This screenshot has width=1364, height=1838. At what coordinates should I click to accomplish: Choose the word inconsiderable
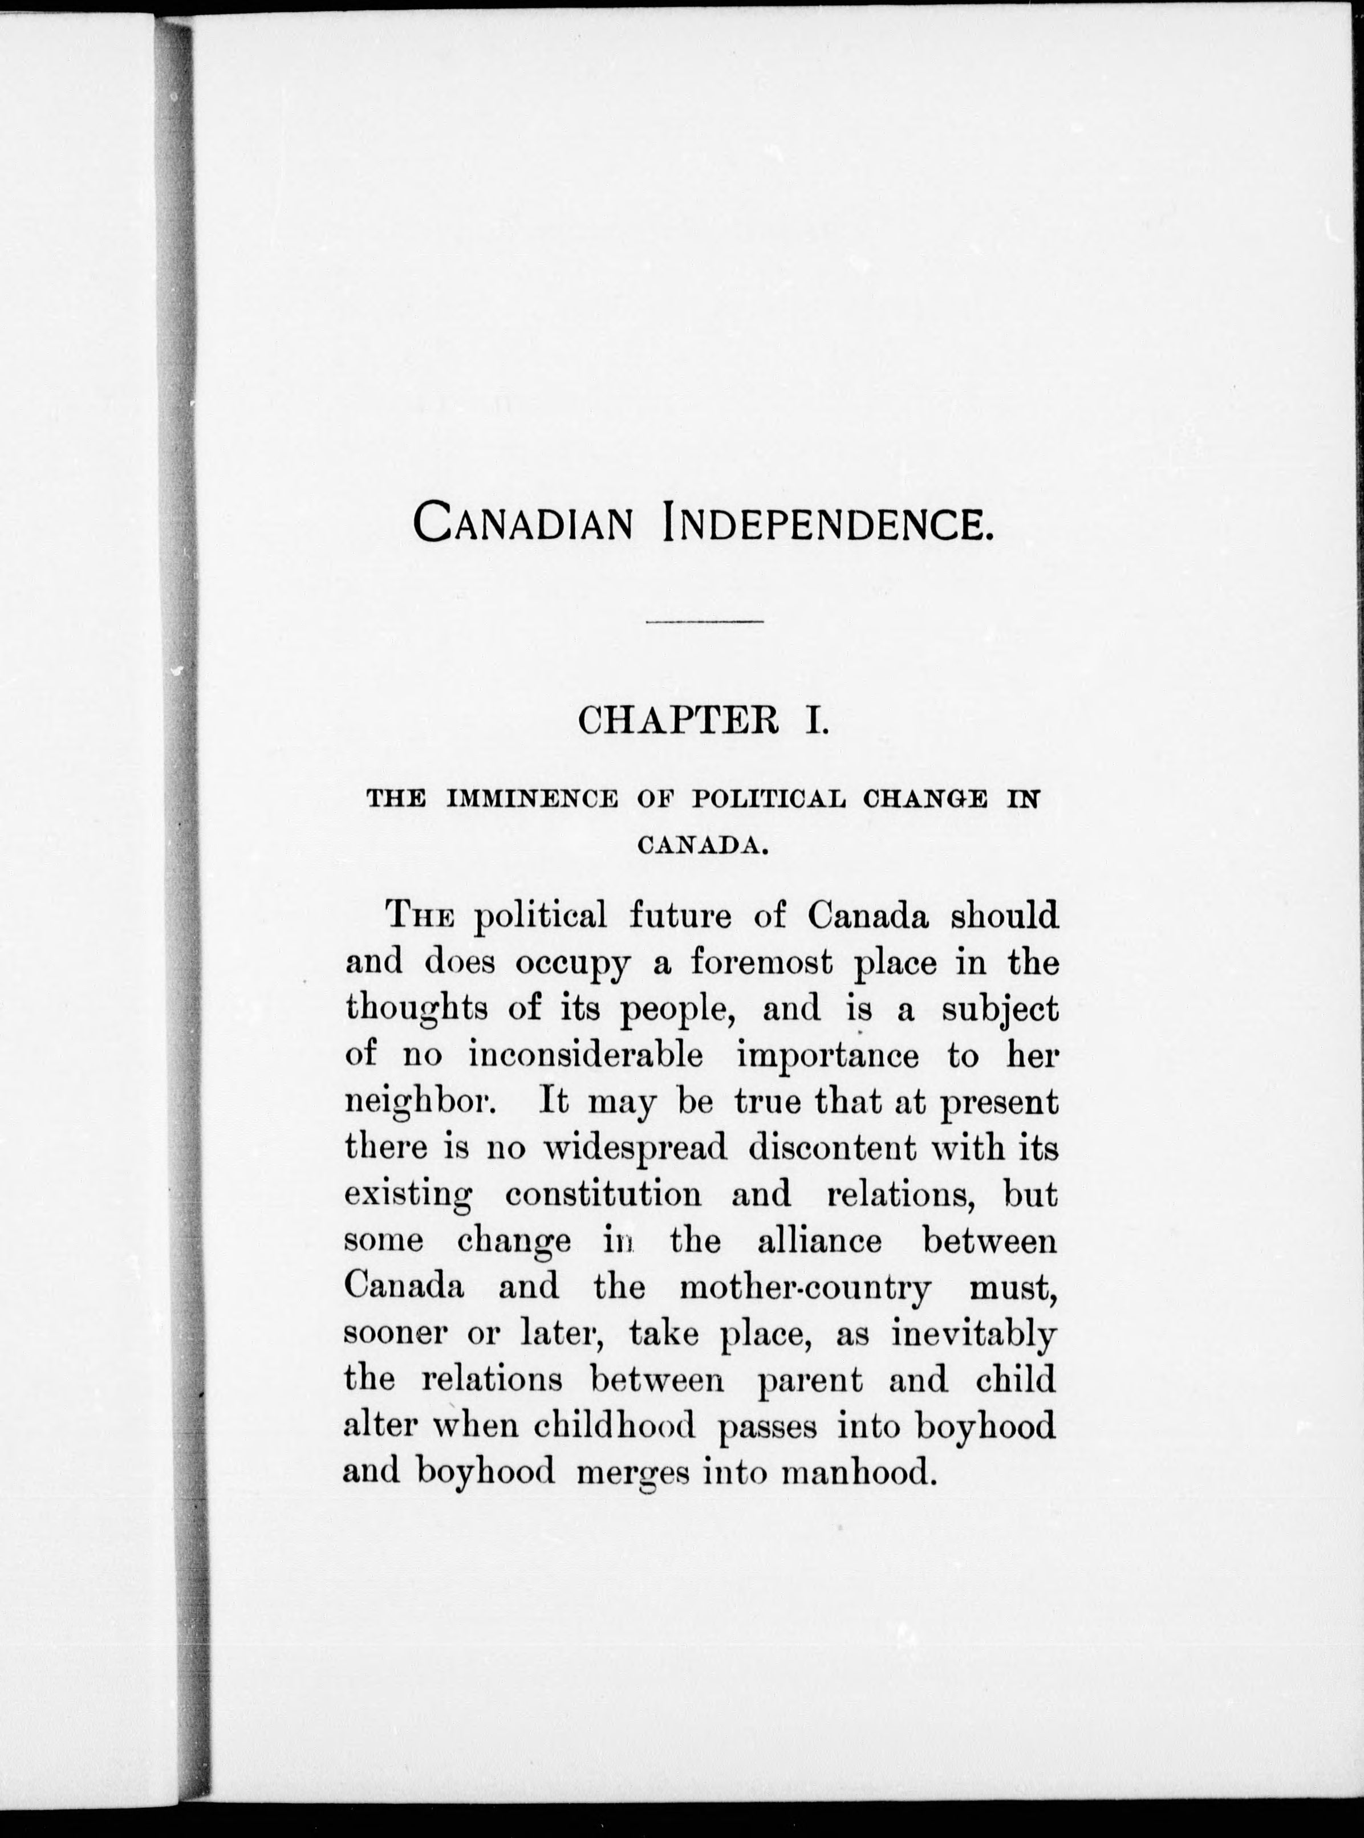(586, 1056)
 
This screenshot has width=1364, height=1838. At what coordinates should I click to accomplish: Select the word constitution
(603, 1194)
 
